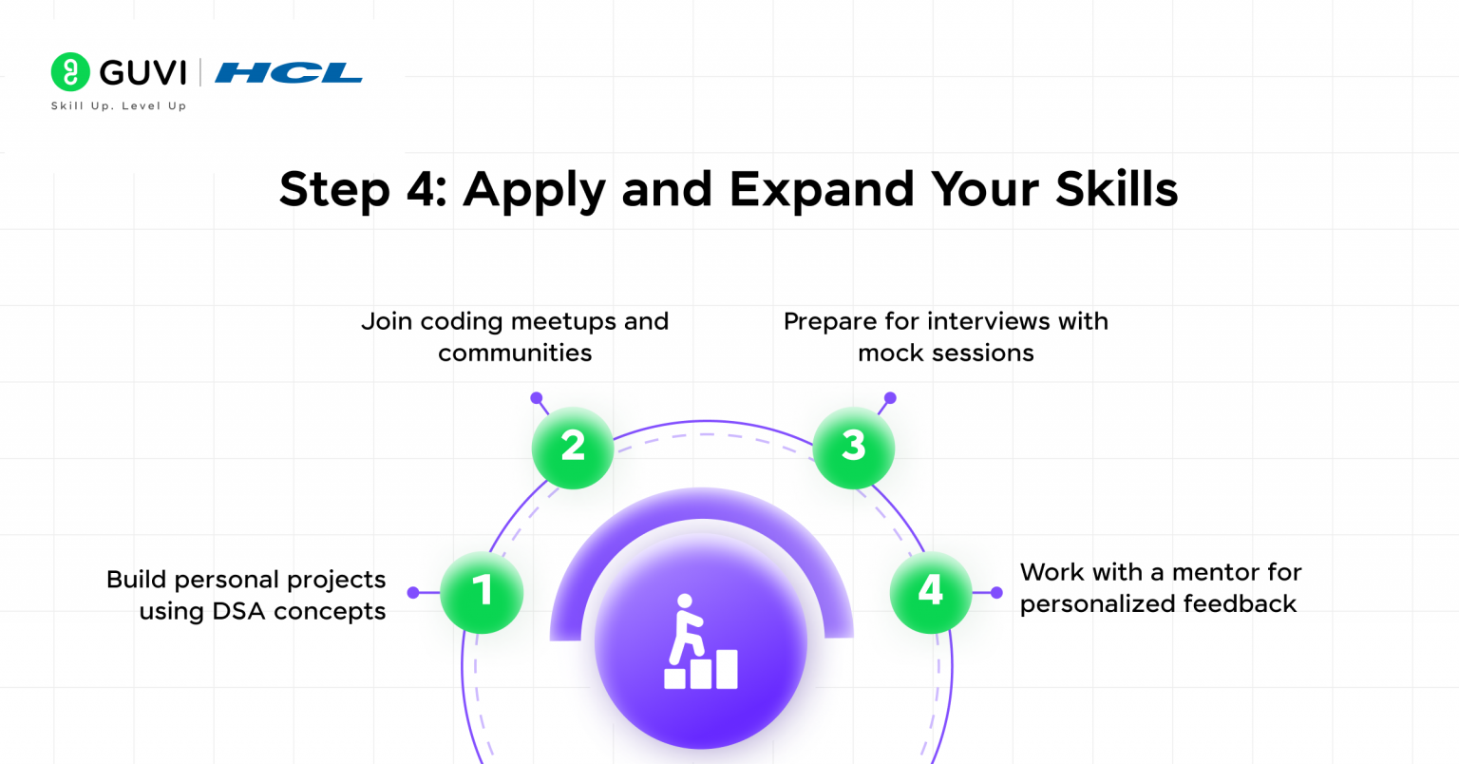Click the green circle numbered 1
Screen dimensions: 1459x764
click(x=482, y=592)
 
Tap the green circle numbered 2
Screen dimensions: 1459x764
click(x=573, y=448)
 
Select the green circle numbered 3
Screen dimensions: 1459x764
click(x=853, y=448)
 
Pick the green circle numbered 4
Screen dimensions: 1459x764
click(x=931, y=592)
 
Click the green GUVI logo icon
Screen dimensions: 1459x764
click(x=70, y=71)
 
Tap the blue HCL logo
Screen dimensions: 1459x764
click(x=289, y=73)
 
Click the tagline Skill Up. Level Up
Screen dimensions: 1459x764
click(x=119, y=105)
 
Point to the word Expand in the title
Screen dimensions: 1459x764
click(x=822, y=190)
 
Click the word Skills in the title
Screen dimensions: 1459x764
click(x=1116, y=188)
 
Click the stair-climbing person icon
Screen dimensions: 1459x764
click(x=701, y=641)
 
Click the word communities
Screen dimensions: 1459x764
click(x=515, y=353)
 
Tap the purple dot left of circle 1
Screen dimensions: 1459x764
click(x=413, y=593)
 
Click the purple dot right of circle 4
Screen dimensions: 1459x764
click(x=996, y=593)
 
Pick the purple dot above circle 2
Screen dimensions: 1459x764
click(x=536, y=397)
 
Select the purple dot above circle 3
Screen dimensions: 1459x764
click(x=890, y=397)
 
